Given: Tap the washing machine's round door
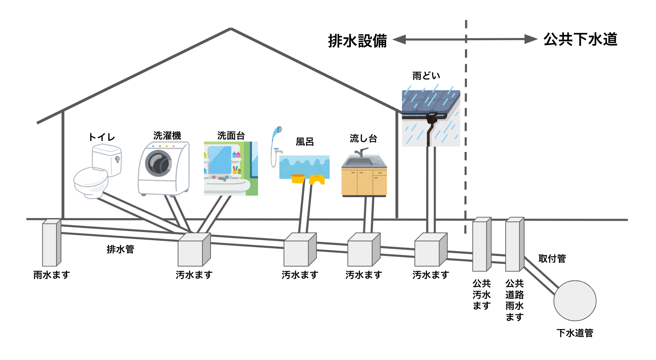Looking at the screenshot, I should click(x=159, y=163).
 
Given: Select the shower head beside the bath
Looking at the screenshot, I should click(x=278, y=131).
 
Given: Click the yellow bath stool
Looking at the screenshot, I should click(x=317, y=179).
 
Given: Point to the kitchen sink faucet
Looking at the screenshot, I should click(x=361, y=152).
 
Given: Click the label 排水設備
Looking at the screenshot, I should click(x=357, y=41).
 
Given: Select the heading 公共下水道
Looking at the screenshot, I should click(x=580, y=39).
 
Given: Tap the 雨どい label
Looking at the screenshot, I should click(x=426, y=76).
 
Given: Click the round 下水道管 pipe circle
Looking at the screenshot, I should click(x=575, y=301).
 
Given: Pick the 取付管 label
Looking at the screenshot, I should click(x=552, y=258).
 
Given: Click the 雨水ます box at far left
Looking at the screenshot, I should click(x=51, y=244).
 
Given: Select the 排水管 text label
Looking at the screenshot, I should click(x=120, y=249).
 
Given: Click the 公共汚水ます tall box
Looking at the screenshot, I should click(x=481, y=245).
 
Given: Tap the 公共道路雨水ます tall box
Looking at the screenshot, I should click(x=514, y=245).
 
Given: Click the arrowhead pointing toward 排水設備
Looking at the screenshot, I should click(x=400, y=39).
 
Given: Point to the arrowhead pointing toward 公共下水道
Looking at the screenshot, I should click(x=531, y=39).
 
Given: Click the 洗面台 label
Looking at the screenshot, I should click(x=231, y=135).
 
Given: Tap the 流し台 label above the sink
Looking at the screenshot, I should click(x=363, y=139).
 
